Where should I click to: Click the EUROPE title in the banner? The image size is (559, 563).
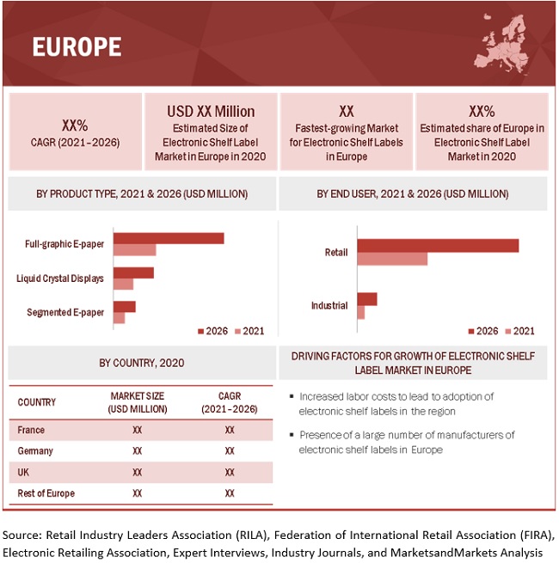tap(77, 46)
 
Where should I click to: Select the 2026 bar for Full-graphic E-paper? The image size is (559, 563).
tap(169, 238)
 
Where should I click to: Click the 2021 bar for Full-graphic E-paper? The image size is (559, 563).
tap(135, 250)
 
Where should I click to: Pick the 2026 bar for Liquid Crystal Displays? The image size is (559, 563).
tap(133, 272)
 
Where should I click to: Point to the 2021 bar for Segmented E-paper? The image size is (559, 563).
tap(119, 318)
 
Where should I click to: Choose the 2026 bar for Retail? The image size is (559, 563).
tap(438, 246)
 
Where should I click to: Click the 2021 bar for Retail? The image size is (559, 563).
tap(392, 259)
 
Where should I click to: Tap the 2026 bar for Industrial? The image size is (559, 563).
tap(367, 299)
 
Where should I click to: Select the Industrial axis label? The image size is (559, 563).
tap(329, 305)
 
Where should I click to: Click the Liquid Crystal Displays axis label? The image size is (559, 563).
tap(60, 278)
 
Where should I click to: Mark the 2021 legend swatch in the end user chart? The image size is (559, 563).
tap(507, 331)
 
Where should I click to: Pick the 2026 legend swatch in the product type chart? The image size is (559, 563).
tap(201, 331)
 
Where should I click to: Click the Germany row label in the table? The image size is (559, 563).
tap(35, 450)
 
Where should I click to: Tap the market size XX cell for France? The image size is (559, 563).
tap(138, 430)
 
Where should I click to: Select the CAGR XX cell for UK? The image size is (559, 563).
tap(230, 472)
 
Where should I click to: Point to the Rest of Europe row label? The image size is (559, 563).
tap(46, 493)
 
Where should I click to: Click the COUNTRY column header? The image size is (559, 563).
tap(36, 401)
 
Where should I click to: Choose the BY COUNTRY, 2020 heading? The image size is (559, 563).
tap(141, 363)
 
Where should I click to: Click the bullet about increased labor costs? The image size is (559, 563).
tap(396, 402)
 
